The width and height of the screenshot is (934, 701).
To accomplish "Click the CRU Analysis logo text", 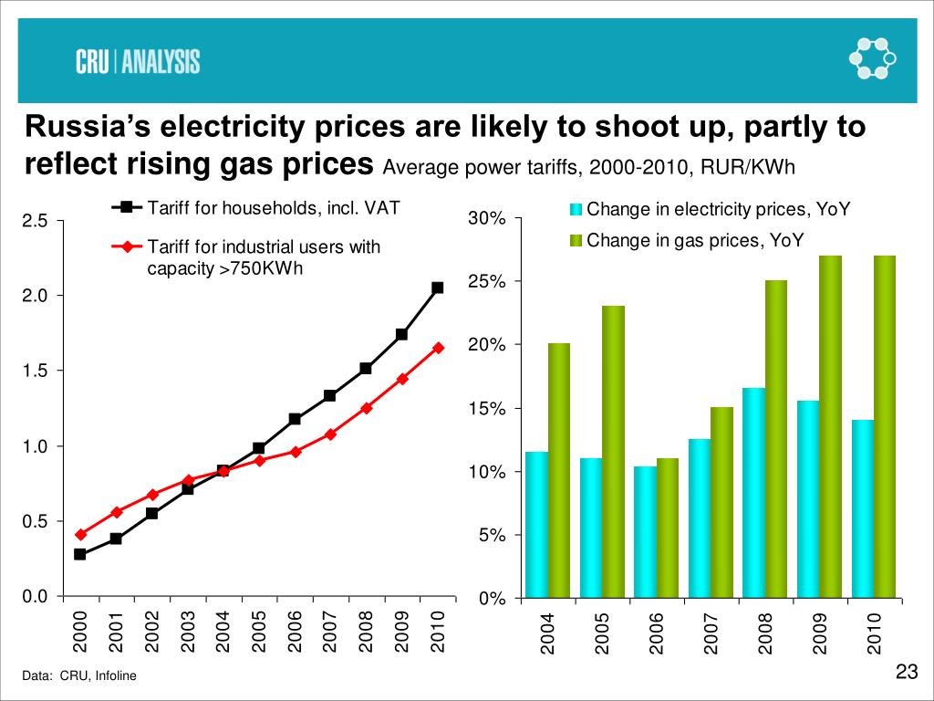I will pos(137,61).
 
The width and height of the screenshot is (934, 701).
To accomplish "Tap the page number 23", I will pos(906,674).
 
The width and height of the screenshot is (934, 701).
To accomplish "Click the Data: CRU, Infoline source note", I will pos(80,676).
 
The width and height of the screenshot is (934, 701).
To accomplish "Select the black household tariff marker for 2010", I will pos(438,288).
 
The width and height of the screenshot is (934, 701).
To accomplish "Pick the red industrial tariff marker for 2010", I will pos(438,348).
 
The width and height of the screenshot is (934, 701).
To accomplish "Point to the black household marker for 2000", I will pos(79,554).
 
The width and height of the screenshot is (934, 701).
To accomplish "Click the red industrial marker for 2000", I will pos(79,534).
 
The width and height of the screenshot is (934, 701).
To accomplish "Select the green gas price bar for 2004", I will pos(558,470).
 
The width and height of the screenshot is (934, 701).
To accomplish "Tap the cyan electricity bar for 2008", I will pos(753,493).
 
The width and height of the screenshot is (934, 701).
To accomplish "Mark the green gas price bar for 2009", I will pos(830,426).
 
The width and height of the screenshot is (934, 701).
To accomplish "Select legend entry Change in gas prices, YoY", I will pos(694,241).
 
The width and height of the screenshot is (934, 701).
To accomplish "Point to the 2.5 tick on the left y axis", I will pos(35,221).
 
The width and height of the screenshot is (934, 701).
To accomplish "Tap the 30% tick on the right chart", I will pos(486,219).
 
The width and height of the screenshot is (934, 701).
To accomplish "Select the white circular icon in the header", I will pos(871,59).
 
